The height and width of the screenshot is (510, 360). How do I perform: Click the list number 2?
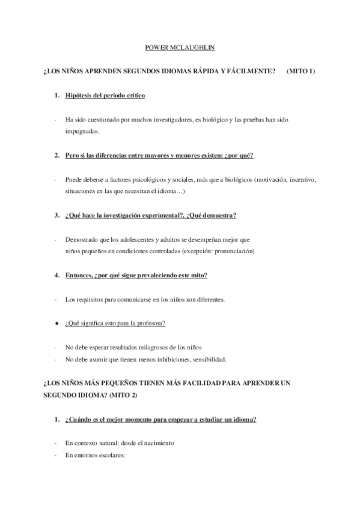click(x=56, y=155)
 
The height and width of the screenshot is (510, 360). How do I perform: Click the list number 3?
click(x=56, y=215)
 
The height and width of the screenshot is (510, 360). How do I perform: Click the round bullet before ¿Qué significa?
click(x=56, y=323)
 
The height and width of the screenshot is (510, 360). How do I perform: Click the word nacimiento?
click(x=157, y=443)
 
